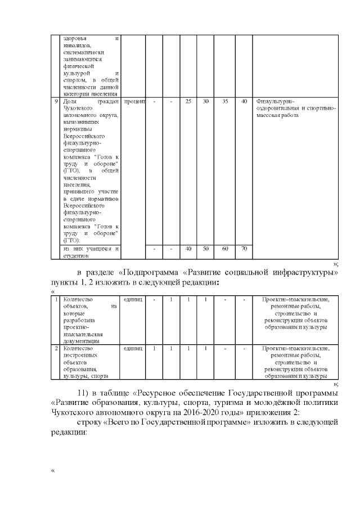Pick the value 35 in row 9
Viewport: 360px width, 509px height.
[225, 102]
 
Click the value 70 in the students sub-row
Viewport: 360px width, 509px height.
[244, 249]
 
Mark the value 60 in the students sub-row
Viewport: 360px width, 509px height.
[225, 249]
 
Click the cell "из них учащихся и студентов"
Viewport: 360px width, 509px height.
[91, 252]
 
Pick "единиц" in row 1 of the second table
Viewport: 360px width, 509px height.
[134, 299]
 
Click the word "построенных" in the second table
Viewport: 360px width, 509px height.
[82, 355]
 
